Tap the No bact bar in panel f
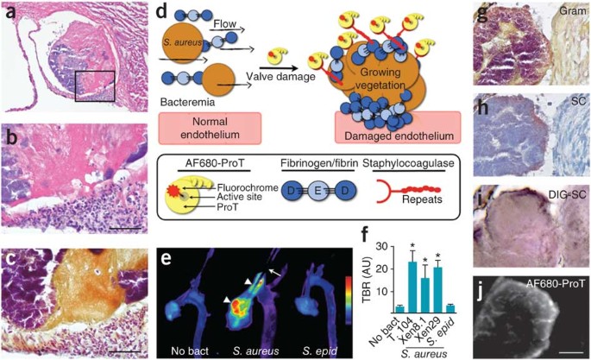point(375,307)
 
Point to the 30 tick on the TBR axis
point(361,240)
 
